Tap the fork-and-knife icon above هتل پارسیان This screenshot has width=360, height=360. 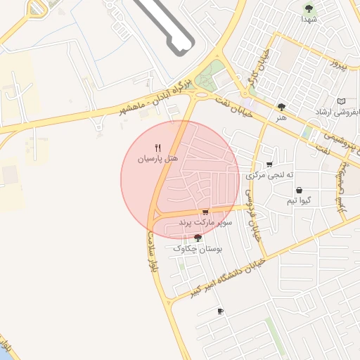click(x=157, y=148)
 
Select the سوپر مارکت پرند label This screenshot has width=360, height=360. click(x=204, y=222)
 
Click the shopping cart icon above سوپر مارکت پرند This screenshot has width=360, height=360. click(x=205, y=212)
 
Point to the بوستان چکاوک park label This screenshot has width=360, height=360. click(x=197, y=249)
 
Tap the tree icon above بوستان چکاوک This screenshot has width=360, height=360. click(x=197, y=238)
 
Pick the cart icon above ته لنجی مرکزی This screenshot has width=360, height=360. click(x=269, y=165)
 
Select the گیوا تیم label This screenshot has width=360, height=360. click(x=299, y=201)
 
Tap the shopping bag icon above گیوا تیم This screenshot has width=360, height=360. click(x=299, y=191)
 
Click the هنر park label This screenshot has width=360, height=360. click(x=281, y=117)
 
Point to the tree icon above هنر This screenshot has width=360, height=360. click(x=281, y=107)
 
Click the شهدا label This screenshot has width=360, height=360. click(x=309, y=19)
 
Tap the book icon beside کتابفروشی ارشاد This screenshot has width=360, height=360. click(x=342, y=101)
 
